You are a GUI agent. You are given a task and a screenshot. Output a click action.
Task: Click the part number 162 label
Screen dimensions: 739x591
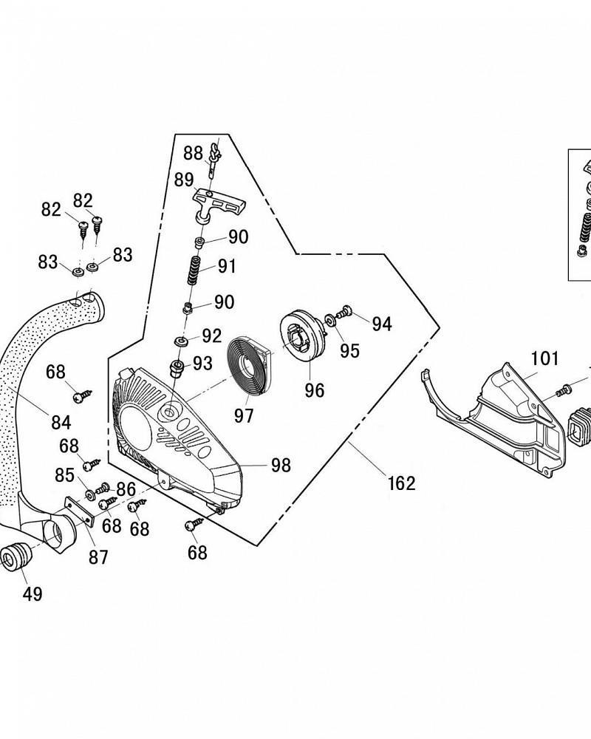click(x=401, y=483)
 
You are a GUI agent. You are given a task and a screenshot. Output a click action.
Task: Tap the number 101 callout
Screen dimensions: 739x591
click(x=545, y=359)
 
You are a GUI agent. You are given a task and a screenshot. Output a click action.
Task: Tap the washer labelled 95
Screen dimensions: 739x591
click(x=329, y=319)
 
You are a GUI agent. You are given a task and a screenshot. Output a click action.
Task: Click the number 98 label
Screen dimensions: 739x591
click(x=281, y=465)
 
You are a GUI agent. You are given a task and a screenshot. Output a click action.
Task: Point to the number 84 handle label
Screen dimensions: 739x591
click(x=61, y=423)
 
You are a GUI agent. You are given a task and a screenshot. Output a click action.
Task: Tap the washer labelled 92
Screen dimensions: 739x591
click(x=181, y=341)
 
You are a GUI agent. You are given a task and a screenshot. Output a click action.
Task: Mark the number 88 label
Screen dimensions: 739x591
click(x=193, y=153)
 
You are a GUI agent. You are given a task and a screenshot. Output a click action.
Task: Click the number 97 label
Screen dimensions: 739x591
click(x=244, y=415)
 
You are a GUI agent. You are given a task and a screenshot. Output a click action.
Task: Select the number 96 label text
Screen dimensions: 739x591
click(x=315, y=390)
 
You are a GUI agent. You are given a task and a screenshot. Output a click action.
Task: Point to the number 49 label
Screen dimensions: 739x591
click(x=31, y=593)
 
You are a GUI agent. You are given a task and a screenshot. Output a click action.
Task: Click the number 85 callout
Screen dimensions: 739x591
click(x=65, y=474)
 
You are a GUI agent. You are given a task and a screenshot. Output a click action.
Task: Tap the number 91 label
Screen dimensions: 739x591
click(x=226, y=266)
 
